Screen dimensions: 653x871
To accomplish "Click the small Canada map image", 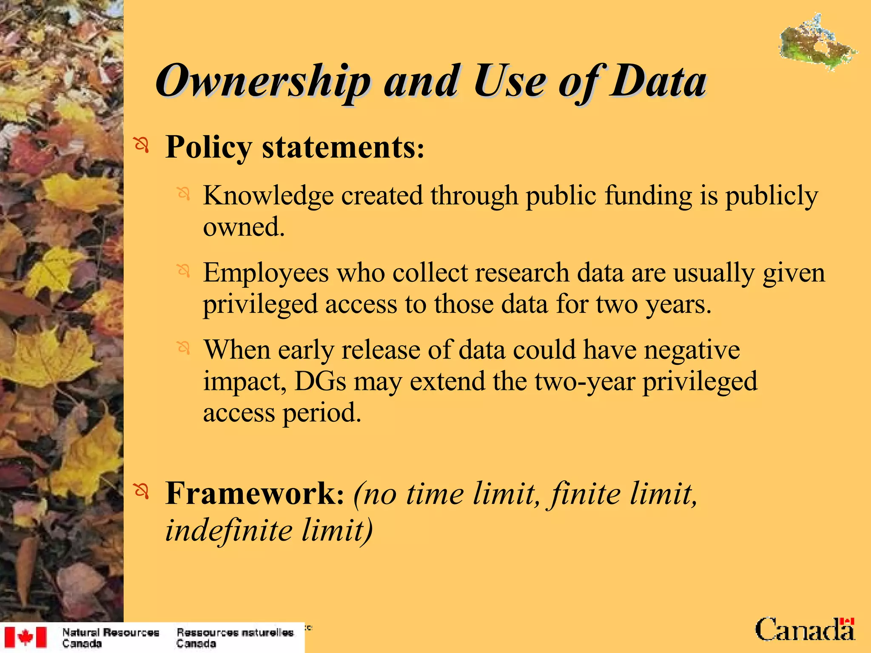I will click(x=817, y=43).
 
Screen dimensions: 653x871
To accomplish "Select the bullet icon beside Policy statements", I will click(x=142, y=146).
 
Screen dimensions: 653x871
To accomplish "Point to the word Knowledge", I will click(x=268, y=196).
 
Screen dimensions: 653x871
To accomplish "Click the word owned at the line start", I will click(x=243, y=227).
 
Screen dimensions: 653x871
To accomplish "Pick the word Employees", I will click(x=266, y=273).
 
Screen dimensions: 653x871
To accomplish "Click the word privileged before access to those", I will click(x=260, y=304).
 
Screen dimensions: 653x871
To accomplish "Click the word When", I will click(x=237, y=350).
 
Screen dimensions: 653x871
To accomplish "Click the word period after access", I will click(x=322, y=413).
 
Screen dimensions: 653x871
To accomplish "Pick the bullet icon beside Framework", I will click(x=142, y=492).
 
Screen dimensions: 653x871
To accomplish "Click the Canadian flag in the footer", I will click(x=25, y=637).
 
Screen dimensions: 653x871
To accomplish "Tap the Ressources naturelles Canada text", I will click(x=235, y=638).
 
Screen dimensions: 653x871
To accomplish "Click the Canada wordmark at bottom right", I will click(x=805, y=630).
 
